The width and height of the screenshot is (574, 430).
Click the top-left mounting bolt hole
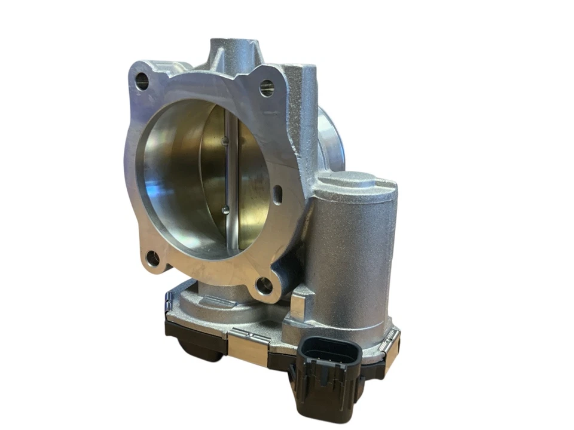[142, 81]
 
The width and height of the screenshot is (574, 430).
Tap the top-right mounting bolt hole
[267, 88]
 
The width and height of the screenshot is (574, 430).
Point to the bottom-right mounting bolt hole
[264, 285]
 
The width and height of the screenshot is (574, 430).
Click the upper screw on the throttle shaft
[224, 142]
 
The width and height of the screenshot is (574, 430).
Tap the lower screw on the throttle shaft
[224, 209]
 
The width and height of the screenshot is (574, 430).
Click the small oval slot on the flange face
[277, 194]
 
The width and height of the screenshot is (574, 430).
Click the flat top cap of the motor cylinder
[355, 180]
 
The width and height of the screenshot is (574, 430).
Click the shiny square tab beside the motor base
[297, 305]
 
